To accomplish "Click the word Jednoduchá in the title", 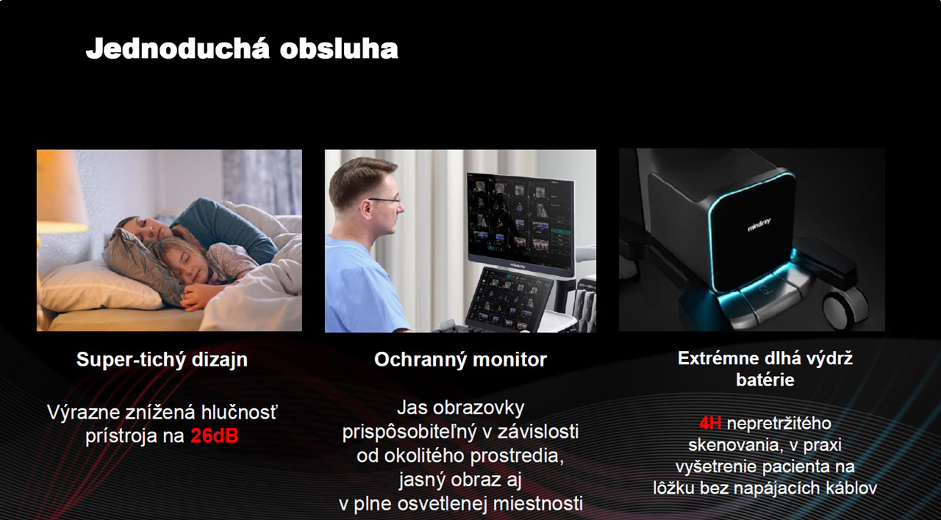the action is (177, 49).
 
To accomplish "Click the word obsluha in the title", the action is (339, 49).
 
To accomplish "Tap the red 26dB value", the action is (215, 436).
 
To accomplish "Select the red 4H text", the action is (710, 423).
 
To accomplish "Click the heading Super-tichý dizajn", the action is (162, 360).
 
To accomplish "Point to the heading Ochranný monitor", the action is (460, 360).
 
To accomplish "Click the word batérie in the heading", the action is (765, 380).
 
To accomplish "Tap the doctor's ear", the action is (366, 208).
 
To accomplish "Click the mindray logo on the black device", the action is (759, 225).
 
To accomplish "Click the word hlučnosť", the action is (239, 412).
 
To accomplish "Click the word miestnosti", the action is (537, 504).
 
